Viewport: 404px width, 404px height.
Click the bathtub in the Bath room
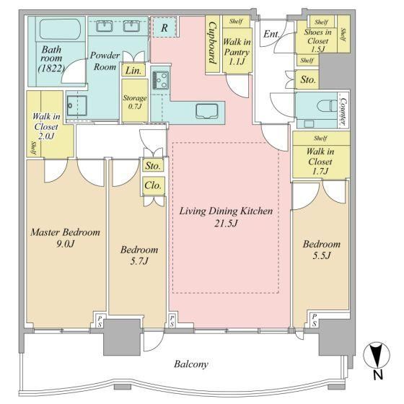(60, 29)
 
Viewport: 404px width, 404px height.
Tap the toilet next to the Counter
(327, 106)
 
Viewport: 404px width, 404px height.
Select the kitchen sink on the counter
(206, 111)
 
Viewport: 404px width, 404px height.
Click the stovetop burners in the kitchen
(160, 80)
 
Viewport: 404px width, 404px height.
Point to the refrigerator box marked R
(164, 27)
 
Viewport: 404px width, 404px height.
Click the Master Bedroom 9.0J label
(65, 237)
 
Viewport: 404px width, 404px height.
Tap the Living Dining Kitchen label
(226, 216)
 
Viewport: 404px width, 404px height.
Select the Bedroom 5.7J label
(139, 255)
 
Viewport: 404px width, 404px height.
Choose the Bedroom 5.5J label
(321, 250)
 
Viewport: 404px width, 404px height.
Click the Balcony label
(191, 364)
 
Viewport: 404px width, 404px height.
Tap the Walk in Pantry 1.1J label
(237, 51)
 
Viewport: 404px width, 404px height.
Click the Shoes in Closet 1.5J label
(317, 40)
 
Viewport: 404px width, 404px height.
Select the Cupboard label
(212, 43)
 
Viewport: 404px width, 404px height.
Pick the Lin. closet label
(133, 71)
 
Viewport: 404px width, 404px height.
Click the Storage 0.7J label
(134, 102)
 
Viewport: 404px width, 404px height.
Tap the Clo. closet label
(153, 185)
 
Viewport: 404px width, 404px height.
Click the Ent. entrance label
(271, 34)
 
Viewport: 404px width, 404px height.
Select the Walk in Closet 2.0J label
(46, 126)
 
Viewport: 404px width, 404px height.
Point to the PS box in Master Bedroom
(100, 321)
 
